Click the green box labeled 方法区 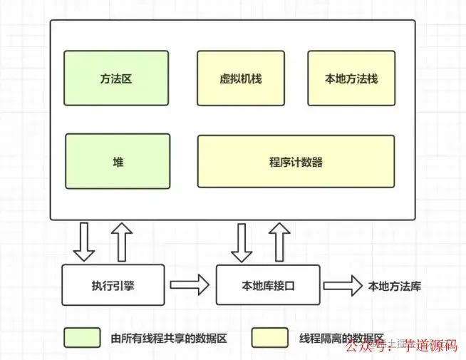116,78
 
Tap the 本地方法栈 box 351,78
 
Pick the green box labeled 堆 118,162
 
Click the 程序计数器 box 296,162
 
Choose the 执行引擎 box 113,286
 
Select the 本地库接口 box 268,286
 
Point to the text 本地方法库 394,286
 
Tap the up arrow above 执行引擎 122,242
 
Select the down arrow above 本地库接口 242,242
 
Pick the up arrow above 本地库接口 280,242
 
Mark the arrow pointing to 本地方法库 342,286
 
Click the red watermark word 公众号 368,349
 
